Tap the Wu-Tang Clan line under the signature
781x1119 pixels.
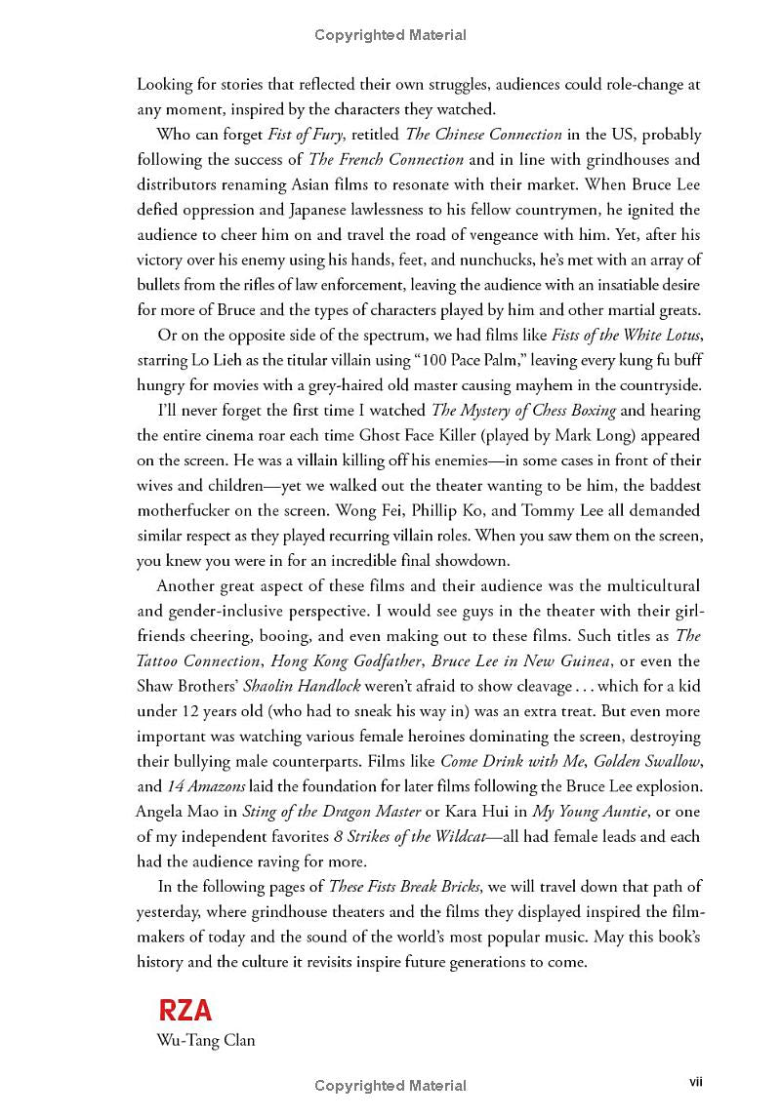pyautogui.click(x=206, y=1040)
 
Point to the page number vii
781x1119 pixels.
pyautogui.click(x=697, y=1081)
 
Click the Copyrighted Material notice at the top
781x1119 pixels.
pyautogui.click(x=390, y=35)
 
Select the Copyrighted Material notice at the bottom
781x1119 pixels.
pyautogui.click(x=390, y=1085)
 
